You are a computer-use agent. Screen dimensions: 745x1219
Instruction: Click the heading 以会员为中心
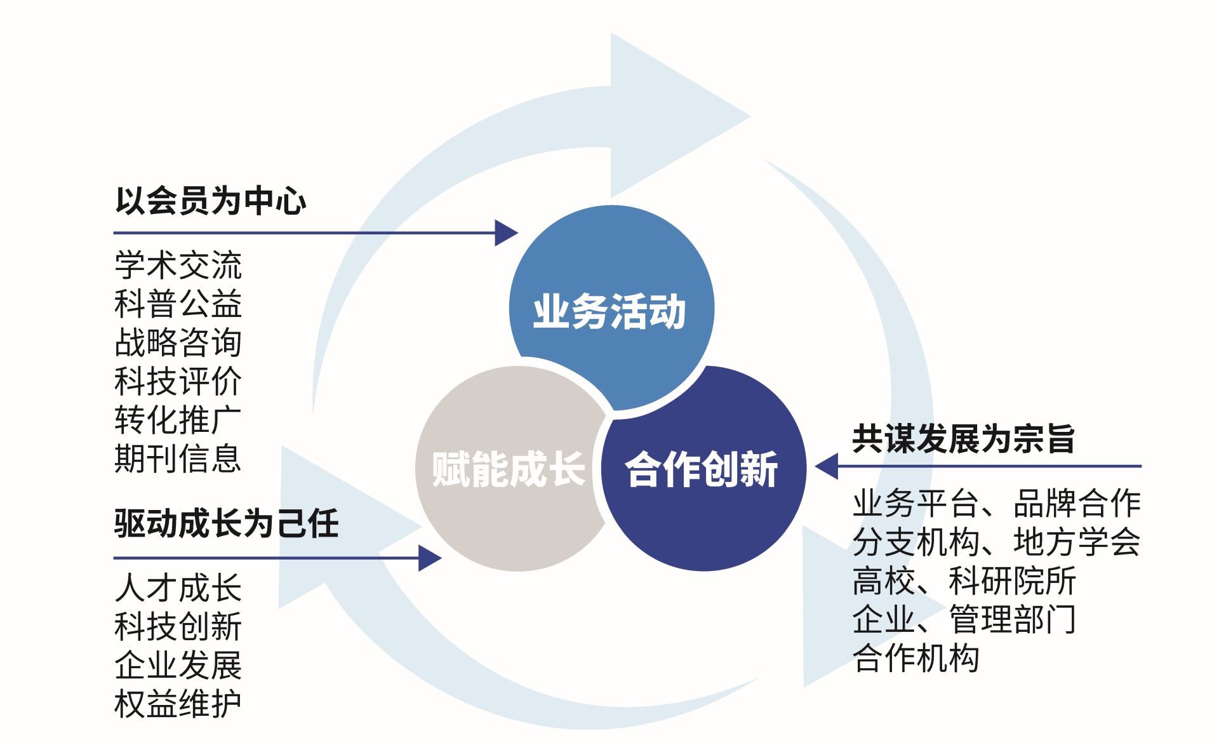click(x=210, y=201)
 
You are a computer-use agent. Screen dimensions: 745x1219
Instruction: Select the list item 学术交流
click(x=178, y=265)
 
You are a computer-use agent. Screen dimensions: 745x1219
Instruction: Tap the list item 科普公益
click(x=178, y=304)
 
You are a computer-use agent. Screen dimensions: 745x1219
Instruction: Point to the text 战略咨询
click(x=178, y=342)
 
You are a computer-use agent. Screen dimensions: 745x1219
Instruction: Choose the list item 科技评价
click(x=178, y=381)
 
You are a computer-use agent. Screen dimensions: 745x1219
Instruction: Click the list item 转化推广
click(x=178, y=420)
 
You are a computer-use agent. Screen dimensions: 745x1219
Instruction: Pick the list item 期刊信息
click(x=178, y=459)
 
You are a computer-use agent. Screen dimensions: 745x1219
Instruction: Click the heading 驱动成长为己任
click(x=226, y=523)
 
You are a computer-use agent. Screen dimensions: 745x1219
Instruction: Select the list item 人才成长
click(x=178, y=587)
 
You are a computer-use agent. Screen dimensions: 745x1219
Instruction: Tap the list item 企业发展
click(x=178, y=665)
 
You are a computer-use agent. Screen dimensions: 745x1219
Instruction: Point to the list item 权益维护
click(x=178, y=704)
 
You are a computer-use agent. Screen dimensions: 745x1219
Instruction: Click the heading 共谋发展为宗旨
click(x=963, y=439)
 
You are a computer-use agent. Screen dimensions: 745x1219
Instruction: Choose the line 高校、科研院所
click(x=964, y=581)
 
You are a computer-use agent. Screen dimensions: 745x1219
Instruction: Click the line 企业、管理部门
click(x=964, y=619)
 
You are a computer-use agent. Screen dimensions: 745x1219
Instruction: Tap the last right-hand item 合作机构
click(x=916, y=658)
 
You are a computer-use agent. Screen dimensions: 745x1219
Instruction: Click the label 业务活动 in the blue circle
click(x=609, y=311)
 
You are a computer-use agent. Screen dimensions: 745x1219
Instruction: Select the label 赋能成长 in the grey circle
click(x=508, y=469)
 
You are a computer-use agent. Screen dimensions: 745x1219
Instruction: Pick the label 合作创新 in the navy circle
click(x=702, y=469)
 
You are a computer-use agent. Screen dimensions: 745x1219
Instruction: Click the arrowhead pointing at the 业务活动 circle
click(x=505, y=233)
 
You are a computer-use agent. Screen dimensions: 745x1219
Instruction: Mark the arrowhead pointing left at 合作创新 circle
click(x=827, y=466)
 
